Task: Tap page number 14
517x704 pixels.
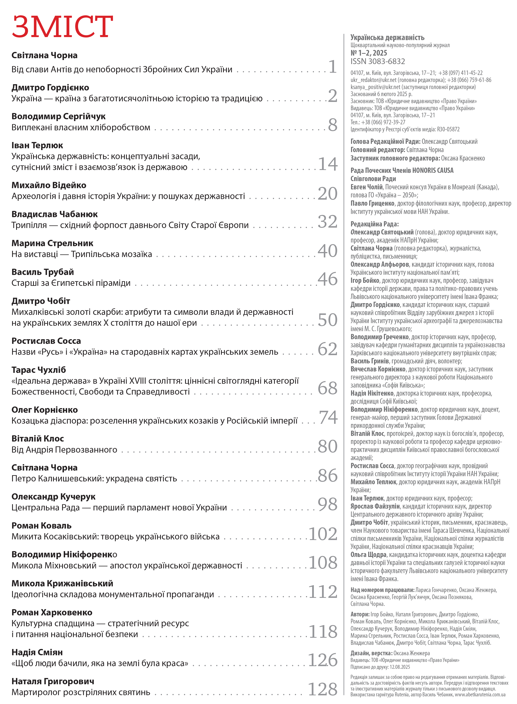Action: click(328, 164)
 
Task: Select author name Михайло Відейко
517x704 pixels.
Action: click(49, 185)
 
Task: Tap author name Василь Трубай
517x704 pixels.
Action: click(43, 272)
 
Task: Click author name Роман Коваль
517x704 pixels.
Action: click(42, 526)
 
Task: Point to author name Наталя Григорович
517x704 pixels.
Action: click(53, 681)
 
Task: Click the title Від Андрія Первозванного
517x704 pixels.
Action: click(64, 450)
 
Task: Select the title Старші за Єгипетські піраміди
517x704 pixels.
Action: click(71, 283)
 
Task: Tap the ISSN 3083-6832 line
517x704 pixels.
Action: click(377, 61)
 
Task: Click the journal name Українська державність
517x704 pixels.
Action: click(387, 37)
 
